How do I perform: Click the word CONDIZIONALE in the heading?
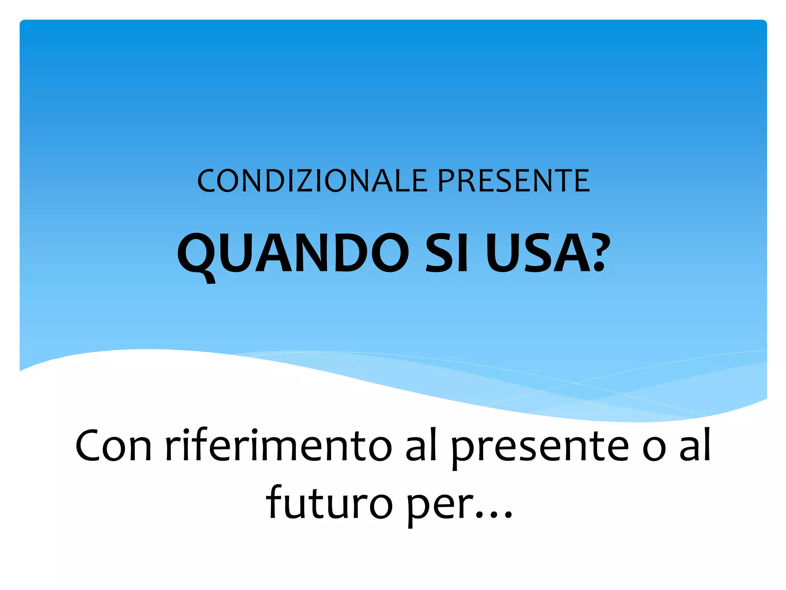(312, 181)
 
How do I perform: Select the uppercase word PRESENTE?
(514, 181)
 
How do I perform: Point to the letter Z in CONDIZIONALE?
(296, 181)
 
